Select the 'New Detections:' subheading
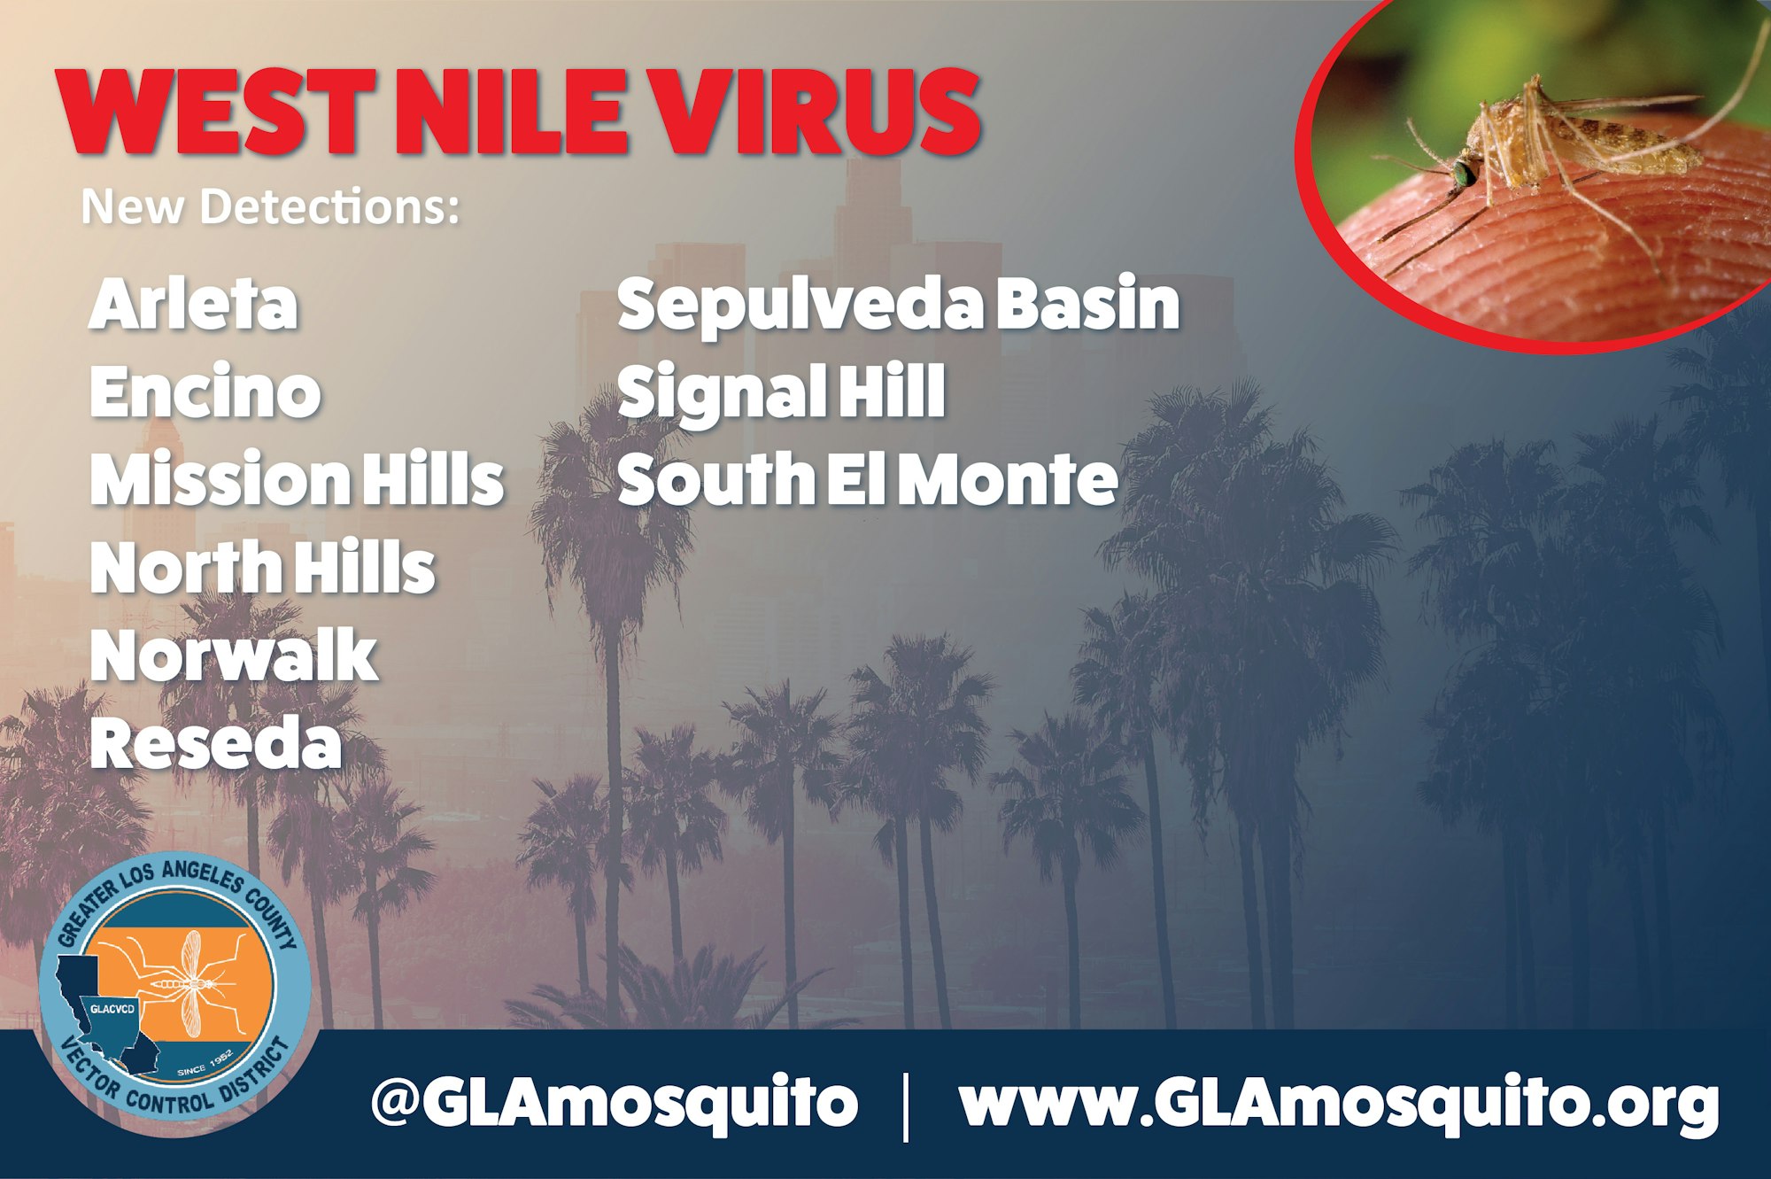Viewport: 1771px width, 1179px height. point(271,206)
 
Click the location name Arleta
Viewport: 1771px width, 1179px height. point(193,304)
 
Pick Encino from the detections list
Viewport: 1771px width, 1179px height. point(205,392)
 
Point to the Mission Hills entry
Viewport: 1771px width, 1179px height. point(297,479)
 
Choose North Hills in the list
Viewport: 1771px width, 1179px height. point(263,567)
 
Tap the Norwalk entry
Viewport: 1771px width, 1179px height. point(234,655)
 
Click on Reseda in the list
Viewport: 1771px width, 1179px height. point(215,743)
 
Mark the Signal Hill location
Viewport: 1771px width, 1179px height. point(781,393)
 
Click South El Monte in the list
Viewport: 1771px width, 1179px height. point(867,479)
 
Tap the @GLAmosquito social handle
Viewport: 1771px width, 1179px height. point(615,1103)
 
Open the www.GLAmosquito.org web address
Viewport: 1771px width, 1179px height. point(1339,1103)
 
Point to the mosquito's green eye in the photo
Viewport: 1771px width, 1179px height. point(1463,173)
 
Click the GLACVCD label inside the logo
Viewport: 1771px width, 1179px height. point(113,1008)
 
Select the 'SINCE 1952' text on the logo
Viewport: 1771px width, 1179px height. point(205,1063)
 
